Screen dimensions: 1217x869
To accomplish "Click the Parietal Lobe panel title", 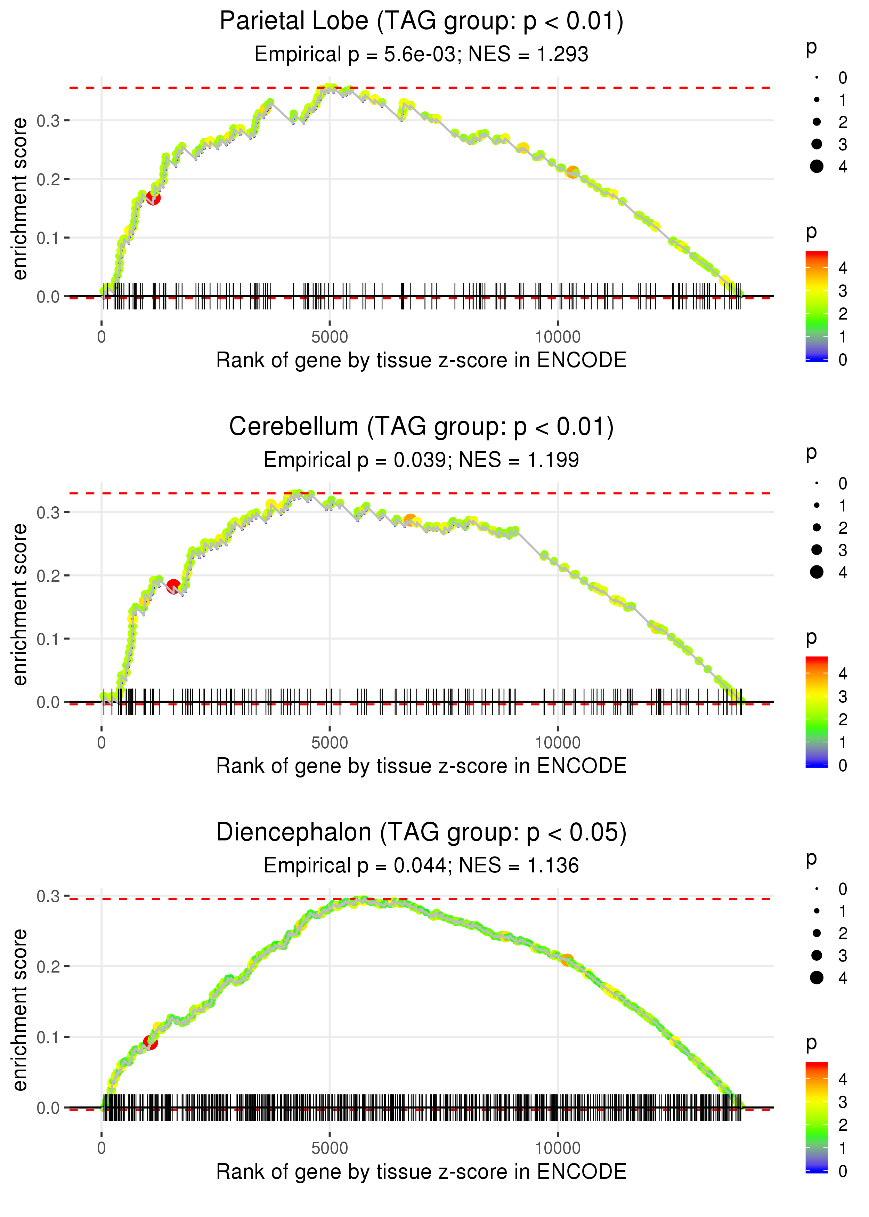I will click(x=421, y=22).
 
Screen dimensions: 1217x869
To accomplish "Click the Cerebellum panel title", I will click(x=421, y=427).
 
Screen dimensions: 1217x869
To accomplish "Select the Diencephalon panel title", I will click(x=421, y=833).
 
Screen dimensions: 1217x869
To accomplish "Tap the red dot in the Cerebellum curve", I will click(x=173, y=586).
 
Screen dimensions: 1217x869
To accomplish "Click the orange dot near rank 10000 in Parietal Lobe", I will click(x=572, y=172).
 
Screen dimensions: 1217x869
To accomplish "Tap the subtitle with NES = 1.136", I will click(x=421, y=865).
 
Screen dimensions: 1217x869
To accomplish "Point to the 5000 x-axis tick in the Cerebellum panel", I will click(x=330, y=743).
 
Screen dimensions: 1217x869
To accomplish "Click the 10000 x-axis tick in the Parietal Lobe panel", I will click(x=558, y=337).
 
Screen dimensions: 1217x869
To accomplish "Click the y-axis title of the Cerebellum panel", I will click(x=20, y=604).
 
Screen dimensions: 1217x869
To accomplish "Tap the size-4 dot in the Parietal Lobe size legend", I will click(x=817, y=167).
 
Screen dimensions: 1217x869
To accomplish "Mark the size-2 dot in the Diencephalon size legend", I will click(x=817, y=933).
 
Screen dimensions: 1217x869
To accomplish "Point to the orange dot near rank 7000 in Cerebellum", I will click(x=410, y=520).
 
